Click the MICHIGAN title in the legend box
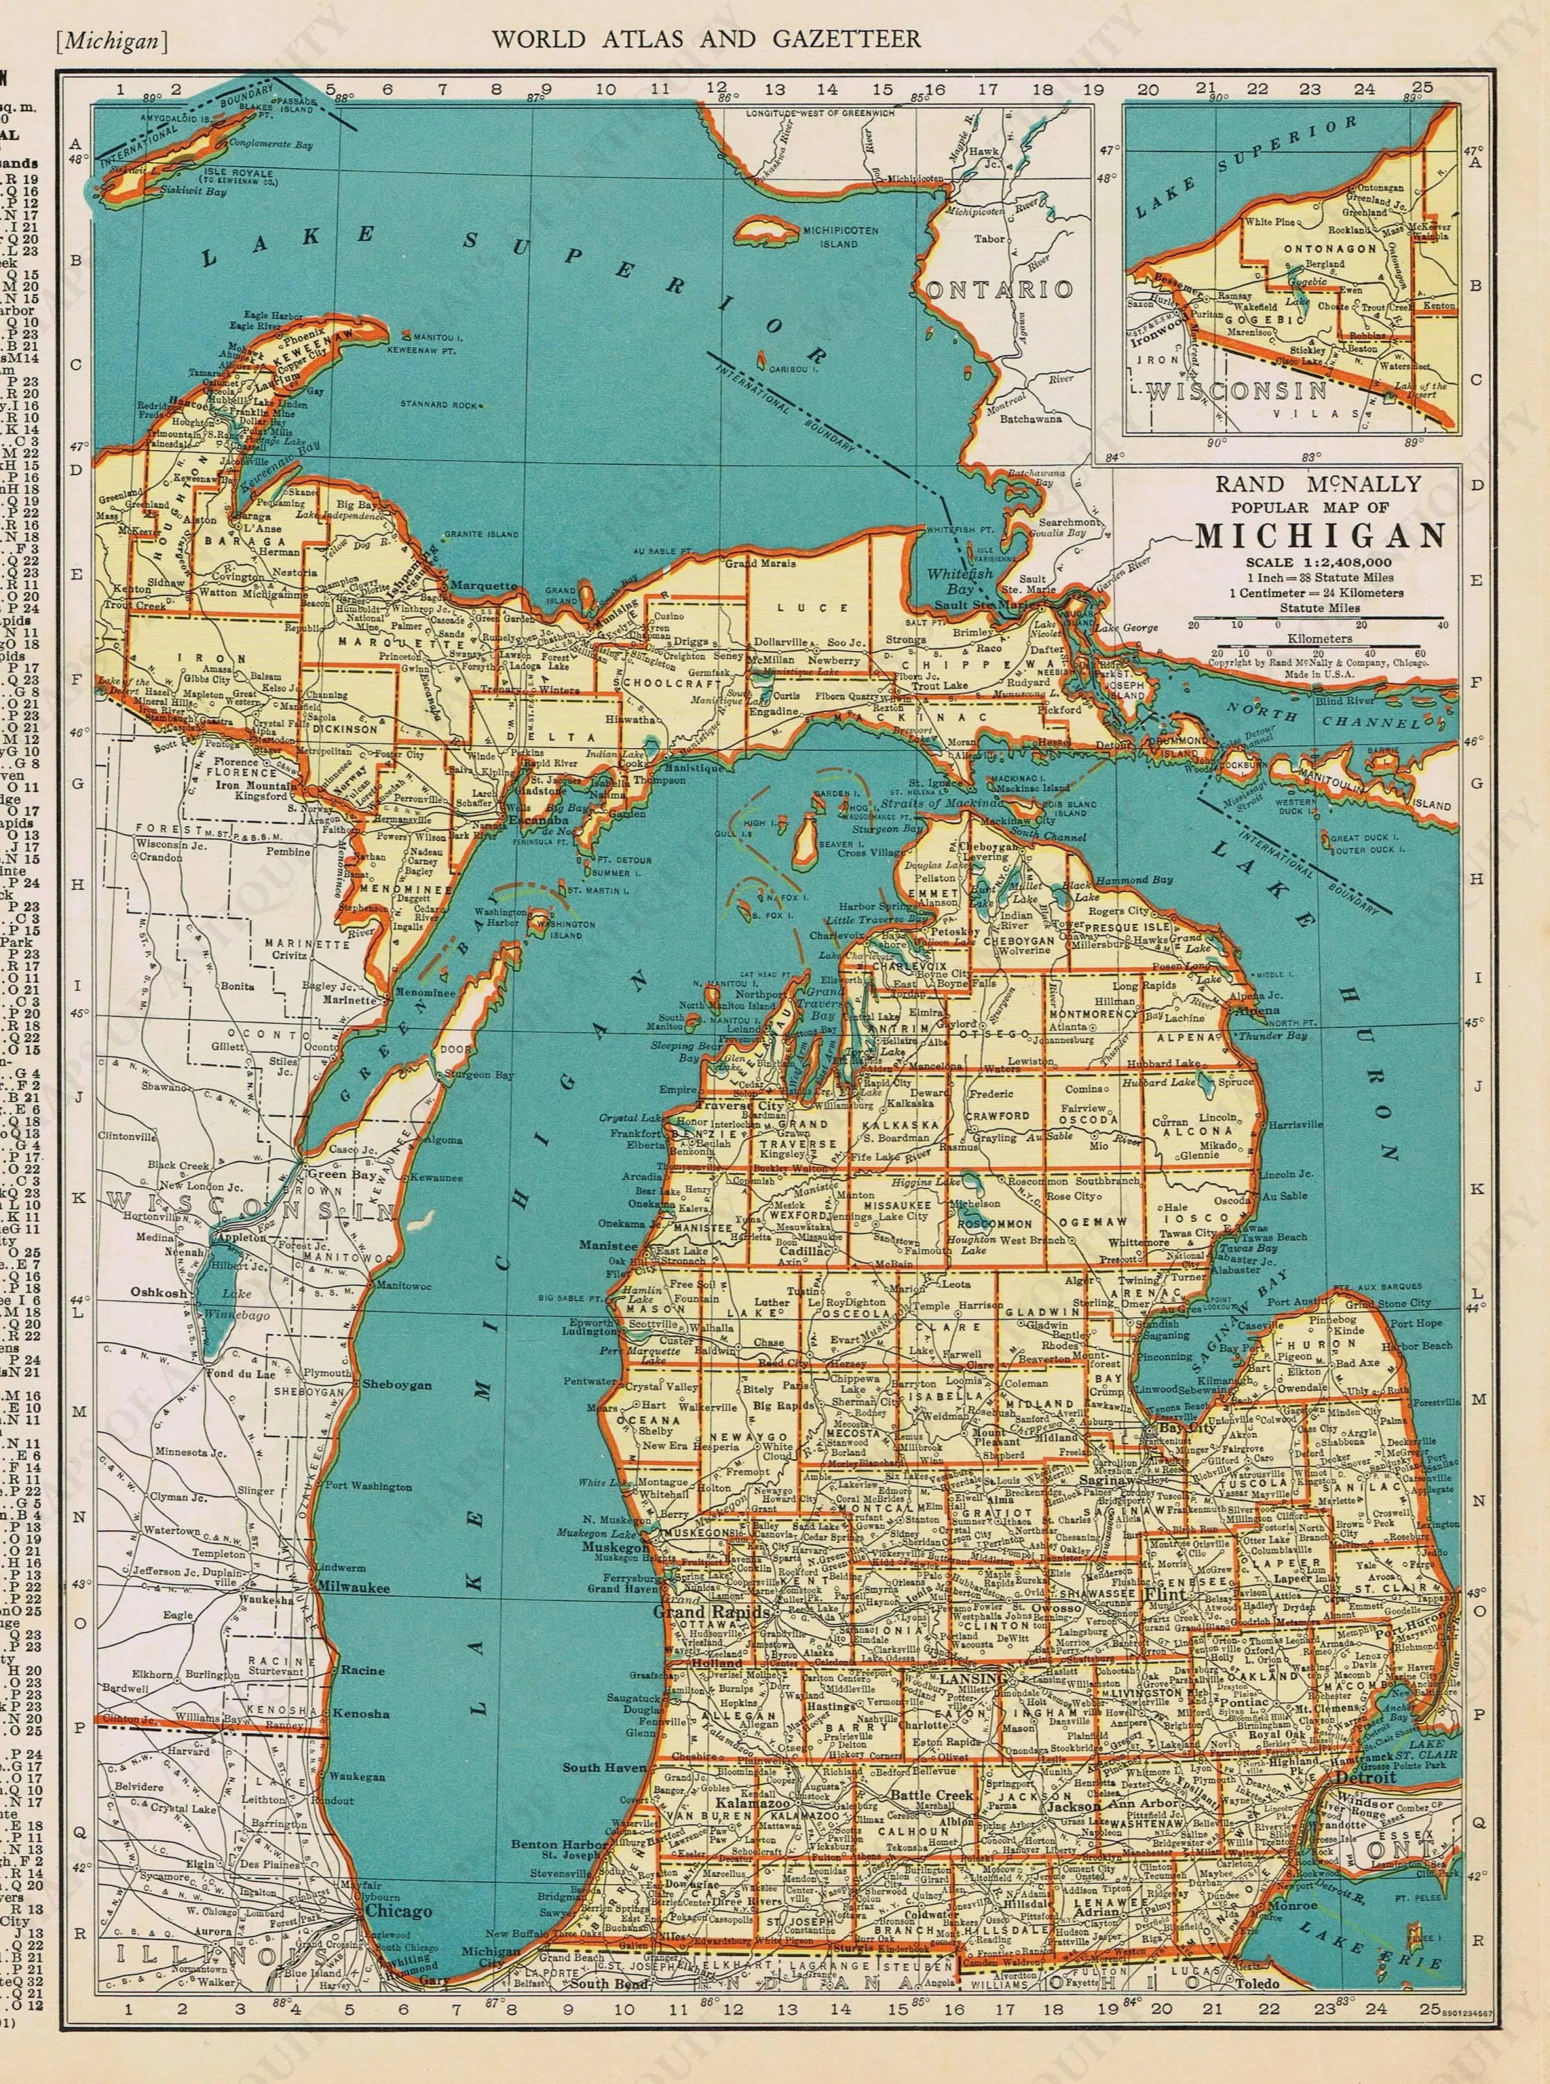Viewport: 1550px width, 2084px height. coord(1319,535)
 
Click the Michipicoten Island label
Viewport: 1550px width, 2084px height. coord(826,236)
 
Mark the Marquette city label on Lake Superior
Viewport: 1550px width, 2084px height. coord(483,586)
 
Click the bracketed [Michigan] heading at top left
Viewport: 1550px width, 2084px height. coord(112,40)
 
